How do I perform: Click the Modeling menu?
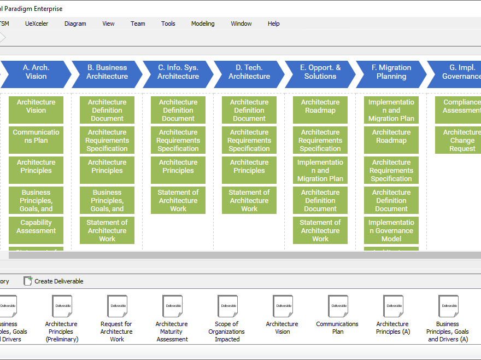[203, 24]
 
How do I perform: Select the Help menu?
[273, 24]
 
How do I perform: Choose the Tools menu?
[168, 24]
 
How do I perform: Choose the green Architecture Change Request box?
[459, 140]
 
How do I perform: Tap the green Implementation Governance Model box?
[391, 230]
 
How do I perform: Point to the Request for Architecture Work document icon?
[117, 306]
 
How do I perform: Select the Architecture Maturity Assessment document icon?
[172, 306]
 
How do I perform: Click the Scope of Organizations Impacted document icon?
[227, 306]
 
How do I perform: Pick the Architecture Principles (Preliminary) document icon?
[62, 306]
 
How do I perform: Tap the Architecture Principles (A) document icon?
[393, 306]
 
